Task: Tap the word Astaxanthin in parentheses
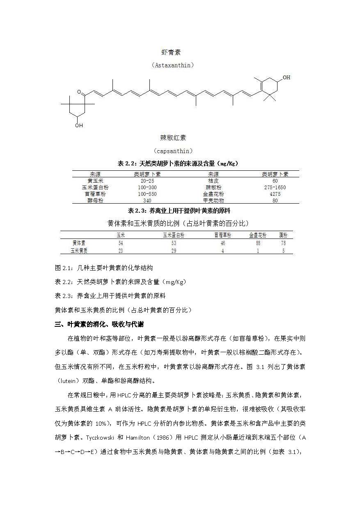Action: pos(172,65)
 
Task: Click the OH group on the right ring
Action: pos(287,77)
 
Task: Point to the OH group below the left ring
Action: pos(79,125)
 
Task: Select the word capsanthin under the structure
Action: pos(173,151)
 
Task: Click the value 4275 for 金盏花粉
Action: pos(275,194)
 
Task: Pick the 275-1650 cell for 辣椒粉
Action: pos(275,187)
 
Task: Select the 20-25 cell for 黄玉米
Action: pos(147,181)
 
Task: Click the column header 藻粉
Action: pos(283,235)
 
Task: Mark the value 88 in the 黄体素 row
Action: pos(258,243)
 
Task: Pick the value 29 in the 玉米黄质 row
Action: pos(174,251)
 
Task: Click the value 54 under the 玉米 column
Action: pos(120,243)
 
